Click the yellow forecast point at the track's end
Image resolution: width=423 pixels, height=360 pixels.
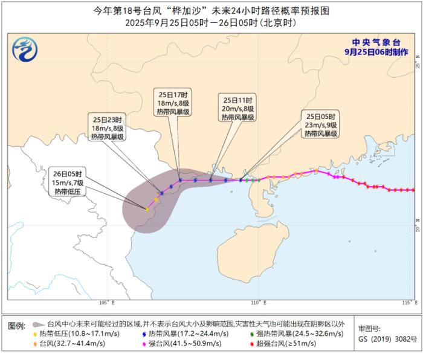pos(147,209)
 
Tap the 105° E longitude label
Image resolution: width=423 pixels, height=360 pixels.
pos(107,302)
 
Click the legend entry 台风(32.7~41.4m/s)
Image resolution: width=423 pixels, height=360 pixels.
pos(66,344)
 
